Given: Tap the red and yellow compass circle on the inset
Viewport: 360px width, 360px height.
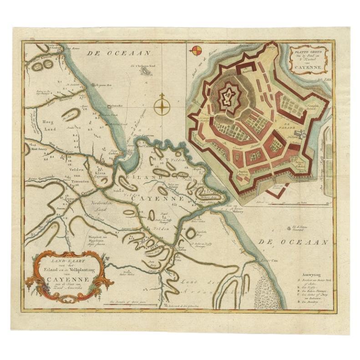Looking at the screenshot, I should click(195, 51).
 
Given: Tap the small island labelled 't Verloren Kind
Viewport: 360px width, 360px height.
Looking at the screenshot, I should click(147, 71).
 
